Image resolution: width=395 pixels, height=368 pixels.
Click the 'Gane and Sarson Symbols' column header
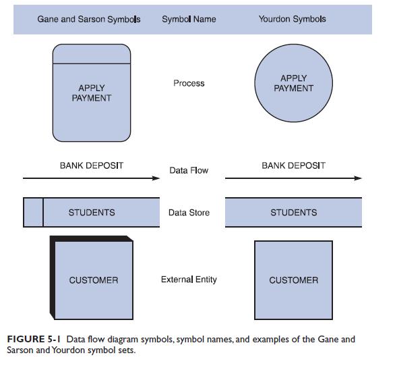point(89,20)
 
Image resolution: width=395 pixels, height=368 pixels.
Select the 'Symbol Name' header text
point(189,20)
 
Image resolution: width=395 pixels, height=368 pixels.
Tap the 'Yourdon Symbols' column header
point(292,20)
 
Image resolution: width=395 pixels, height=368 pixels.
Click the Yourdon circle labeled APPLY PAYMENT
point(293,83)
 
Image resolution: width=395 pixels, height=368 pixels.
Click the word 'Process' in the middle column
point(189,83)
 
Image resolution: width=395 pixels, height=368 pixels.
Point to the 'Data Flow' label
point(189,171)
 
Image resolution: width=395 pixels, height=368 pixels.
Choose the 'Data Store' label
point(189,213)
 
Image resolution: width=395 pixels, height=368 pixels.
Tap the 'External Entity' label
point(189,280)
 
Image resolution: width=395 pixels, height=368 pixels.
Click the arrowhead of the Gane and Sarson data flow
point(156,178)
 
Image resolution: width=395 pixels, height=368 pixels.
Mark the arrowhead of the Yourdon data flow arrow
point(358,178)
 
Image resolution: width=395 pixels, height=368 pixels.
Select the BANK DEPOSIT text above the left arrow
point(92,165)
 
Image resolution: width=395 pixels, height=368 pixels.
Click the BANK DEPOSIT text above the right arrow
point(293,165)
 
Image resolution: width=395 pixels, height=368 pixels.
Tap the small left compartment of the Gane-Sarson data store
point(33,213)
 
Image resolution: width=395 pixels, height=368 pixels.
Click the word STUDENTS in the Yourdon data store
point(293,213)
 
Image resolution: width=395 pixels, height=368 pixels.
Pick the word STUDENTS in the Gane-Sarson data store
point(92,213)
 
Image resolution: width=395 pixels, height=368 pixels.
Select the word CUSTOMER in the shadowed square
point(93,280)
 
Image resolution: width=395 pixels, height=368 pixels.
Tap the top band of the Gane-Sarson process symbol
point(92,54)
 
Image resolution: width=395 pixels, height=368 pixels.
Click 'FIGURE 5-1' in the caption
point(34,339)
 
